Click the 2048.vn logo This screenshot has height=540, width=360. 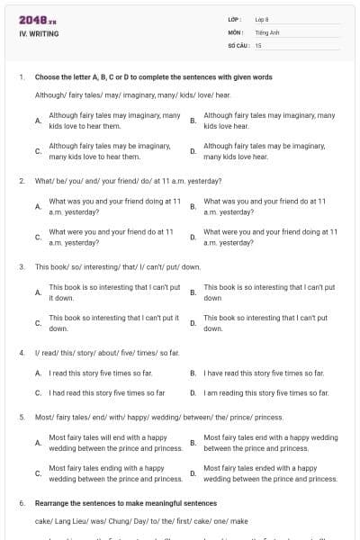[38, 20]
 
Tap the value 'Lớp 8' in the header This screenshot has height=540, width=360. [263, 19]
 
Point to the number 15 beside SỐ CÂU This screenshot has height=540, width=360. [258, 44]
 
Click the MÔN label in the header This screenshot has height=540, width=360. [236, 31]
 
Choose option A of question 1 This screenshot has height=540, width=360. [113, 121]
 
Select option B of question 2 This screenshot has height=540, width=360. [265, 207]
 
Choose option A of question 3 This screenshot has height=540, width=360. [113, 292]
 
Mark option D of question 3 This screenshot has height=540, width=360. [265, 323]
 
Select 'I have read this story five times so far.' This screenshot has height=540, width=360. [264, 373]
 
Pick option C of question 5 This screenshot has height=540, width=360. [115, 473]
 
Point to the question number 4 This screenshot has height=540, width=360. [22, 353]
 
